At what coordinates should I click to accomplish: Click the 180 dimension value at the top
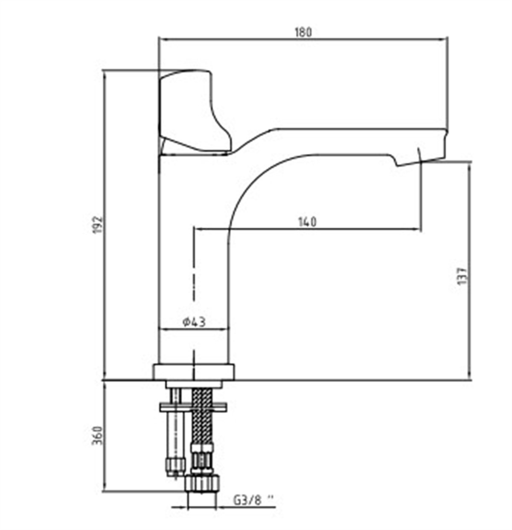[x=303, y=32]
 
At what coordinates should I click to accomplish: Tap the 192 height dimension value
[x=98, y=225]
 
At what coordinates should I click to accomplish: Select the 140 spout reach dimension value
[x=308, y=222]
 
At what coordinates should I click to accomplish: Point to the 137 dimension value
[x=463, y=276]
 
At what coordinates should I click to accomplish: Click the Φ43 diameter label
[x=194, y=323]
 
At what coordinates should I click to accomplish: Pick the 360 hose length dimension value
[x=97, y=435]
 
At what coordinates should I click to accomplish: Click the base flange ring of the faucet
[x=193, y=372]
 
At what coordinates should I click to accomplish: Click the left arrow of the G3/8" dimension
[x=180, y=507]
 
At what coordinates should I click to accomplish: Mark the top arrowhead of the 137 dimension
[x=469, y=167]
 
